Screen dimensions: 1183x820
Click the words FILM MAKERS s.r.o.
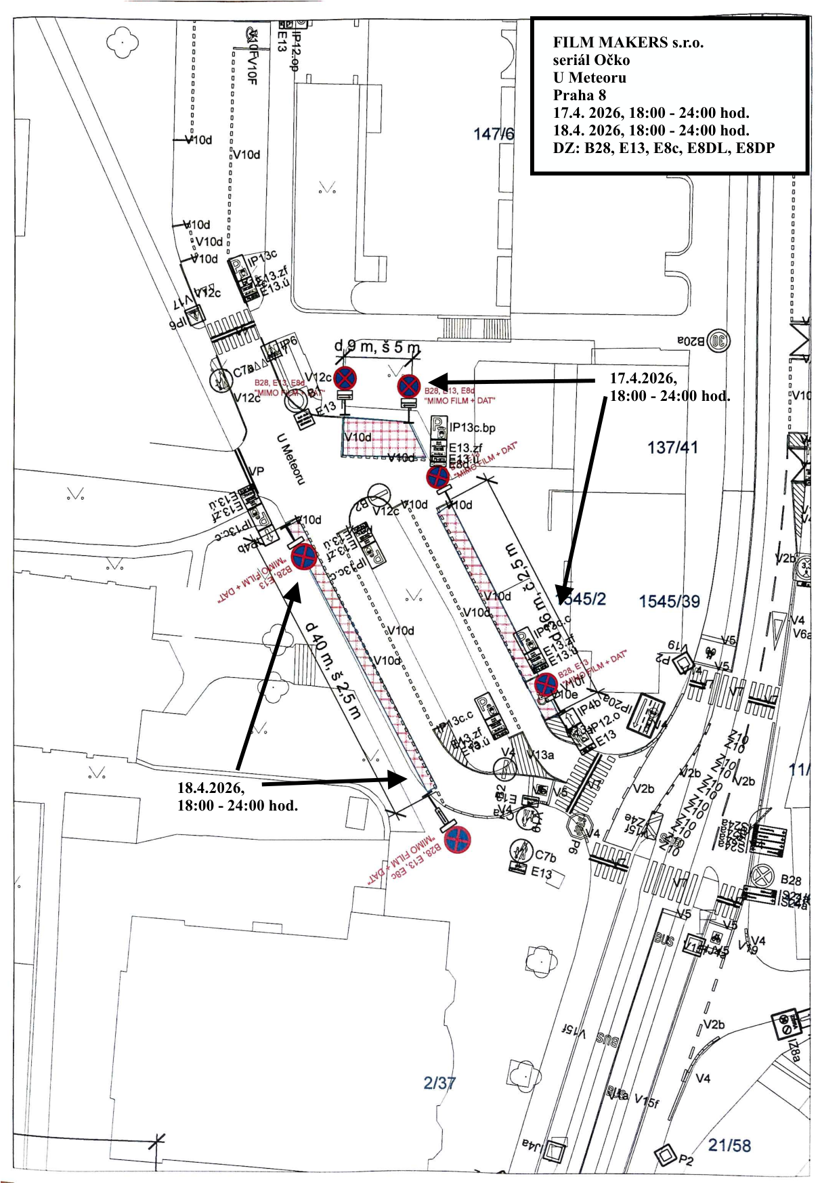(x=628, y=43)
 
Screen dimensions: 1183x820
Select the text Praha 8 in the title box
(x=579, y=95)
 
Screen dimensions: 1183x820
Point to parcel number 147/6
(x=493, y=134)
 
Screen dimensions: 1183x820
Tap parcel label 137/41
(x=672, y=448)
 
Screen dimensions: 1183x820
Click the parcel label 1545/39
(x=669, y=601)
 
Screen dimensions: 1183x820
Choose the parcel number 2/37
(x=439, y=1083)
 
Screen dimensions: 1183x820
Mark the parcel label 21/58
(x=729, y=1145)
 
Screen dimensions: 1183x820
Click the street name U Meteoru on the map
(x=290, y=458)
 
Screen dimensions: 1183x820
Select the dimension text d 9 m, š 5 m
(x=376, y=347)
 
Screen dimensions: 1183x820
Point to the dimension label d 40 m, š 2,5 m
(x=332, y=670)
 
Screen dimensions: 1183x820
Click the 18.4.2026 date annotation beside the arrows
(x=211, y=788)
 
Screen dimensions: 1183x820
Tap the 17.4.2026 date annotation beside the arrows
(x=643, y=378)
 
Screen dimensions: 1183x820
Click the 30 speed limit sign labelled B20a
(x=718, y=341)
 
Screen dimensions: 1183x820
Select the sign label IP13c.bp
(x=472, y=428)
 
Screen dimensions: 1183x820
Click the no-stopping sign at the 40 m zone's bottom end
(x=457, y=840)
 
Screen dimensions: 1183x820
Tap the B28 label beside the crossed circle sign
(x=790, y=880)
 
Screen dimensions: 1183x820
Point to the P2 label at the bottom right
(x=686, y=1160)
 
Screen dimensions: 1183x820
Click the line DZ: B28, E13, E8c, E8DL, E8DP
(x=663, y=148)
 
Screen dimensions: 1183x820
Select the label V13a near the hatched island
(x=541, y=754)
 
